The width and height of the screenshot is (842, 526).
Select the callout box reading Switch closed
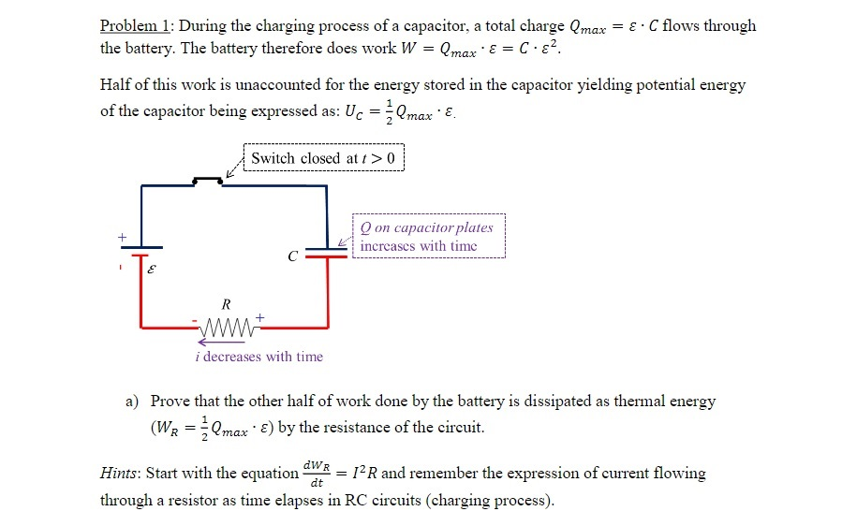(322, 158)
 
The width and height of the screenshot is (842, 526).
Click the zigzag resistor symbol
(225, 328)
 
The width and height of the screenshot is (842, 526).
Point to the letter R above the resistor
(225, 303)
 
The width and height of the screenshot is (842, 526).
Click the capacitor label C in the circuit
(293, 255)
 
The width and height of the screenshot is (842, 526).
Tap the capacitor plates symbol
(327, 252)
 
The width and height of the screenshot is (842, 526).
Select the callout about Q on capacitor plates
(428, 237)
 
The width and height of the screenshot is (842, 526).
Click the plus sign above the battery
(121, 238)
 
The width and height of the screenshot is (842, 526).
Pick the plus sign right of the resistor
(259, 319)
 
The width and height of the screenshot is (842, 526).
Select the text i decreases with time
(253, 357)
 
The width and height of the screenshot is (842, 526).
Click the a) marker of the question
(133, 402)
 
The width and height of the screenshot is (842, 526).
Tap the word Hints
(122, 474)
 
